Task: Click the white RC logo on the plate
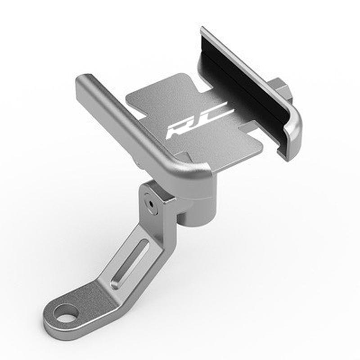[198, 121]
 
